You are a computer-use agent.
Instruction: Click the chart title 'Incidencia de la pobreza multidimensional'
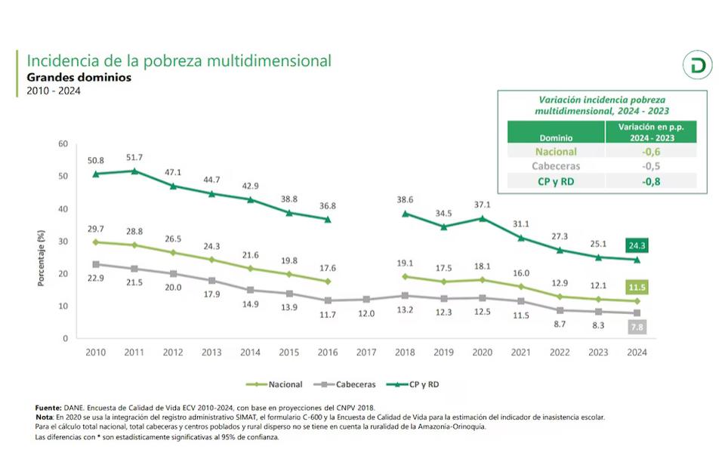click(179, 61)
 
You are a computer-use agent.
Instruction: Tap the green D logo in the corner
click(697, 66)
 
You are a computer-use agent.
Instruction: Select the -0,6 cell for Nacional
click(651, 151)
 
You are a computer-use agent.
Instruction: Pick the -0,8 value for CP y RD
click(651, 181)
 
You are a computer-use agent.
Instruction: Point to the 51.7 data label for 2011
click(134, 157)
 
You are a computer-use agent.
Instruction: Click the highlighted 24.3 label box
click(636, 245)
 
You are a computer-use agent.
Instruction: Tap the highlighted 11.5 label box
click(636, 288)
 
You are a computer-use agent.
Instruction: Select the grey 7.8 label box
click(636, 326)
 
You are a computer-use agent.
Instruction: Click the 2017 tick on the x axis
click(366, 352)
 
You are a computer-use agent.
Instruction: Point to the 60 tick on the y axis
click(63, 143)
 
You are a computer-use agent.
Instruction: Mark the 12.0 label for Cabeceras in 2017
click(366, 313)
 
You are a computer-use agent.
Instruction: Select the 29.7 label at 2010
click(95, 229)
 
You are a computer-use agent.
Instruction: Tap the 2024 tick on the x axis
click(637, 352)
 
